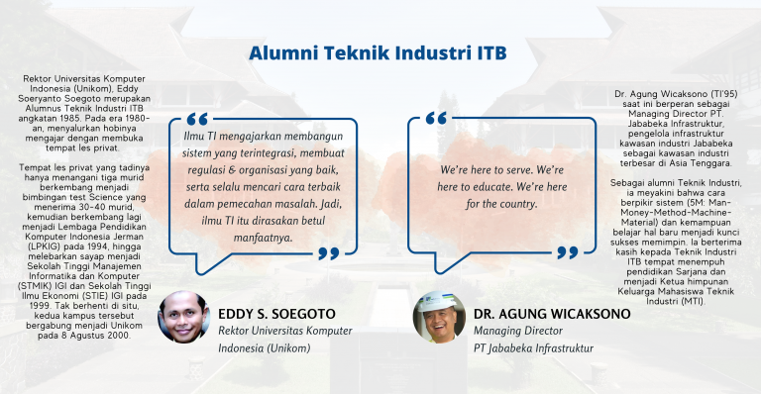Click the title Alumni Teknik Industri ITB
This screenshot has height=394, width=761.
[x=380, y=51]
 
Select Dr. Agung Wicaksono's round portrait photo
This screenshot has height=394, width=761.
[x=438, y=316]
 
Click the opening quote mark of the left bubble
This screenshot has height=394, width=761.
[x=193, y=119]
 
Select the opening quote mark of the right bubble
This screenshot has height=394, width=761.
[x=436, y=119]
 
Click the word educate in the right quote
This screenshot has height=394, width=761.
[x=490, y=187]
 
